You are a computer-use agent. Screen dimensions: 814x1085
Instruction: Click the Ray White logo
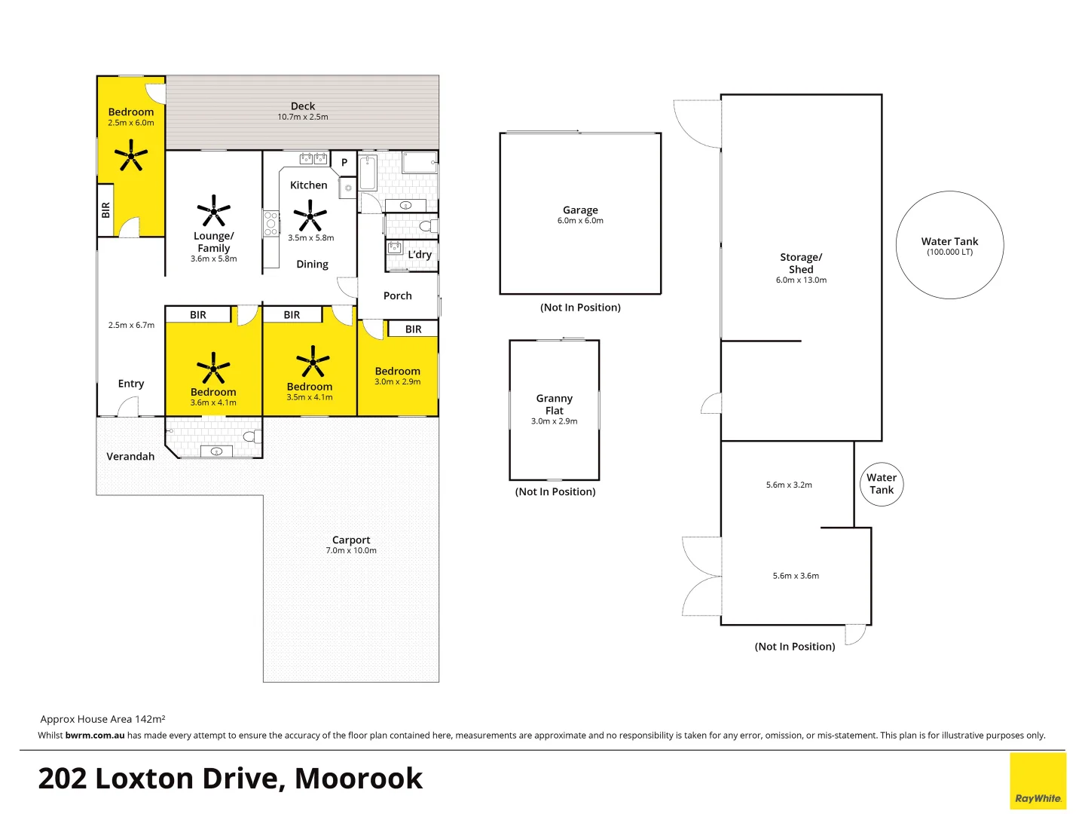point(1038,782)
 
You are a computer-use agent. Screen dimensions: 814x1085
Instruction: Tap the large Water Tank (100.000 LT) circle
point(949,246)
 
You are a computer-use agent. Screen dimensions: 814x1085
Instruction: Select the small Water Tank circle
point(882,484)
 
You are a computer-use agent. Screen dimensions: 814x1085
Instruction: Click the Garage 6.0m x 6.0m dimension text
point(580,221)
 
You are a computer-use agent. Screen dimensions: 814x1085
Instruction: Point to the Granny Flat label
point(555,404)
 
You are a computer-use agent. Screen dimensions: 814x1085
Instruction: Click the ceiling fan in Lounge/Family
point(214,211)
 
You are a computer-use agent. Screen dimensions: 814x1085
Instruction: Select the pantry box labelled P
point(344,162)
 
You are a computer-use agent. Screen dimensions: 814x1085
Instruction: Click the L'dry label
point(420,255)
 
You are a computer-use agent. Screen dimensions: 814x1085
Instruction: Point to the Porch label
point(398,296)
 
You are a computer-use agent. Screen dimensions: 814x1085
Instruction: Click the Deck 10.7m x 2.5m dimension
point(303,117)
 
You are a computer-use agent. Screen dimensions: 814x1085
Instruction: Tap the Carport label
point(351,540)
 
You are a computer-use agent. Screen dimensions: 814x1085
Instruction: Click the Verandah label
point(130,457)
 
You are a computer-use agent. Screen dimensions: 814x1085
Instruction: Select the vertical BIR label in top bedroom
point(105,210)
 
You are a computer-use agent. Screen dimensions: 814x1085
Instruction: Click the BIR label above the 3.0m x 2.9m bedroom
point(413,329)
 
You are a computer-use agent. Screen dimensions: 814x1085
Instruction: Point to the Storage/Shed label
point(801,263)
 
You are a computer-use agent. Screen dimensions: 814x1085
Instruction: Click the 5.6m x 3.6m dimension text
point(796,576)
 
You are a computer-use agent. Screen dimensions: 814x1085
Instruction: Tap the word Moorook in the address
point(359,779)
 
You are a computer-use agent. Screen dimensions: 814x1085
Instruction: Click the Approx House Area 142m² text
point(102,719)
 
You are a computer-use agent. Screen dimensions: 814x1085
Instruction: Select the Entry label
point(131,384)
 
